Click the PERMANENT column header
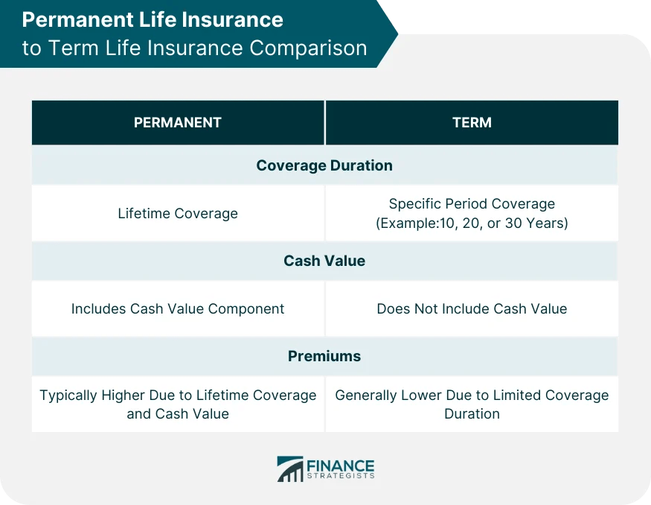(177, 123)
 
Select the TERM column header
(472, 123)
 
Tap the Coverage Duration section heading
(324, 165)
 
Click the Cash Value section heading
(324, 261)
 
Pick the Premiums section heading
(324, 356)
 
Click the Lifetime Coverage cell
(178, 214)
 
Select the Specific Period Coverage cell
(472, 213)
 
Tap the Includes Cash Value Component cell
(178, 308)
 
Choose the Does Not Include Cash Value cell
(472, 308)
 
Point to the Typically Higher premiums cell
(178, 404)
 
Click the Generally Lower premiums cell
(472, 404)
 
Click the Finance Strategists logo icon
(290, 469)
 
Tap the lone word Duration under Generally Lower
(472, 414)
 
